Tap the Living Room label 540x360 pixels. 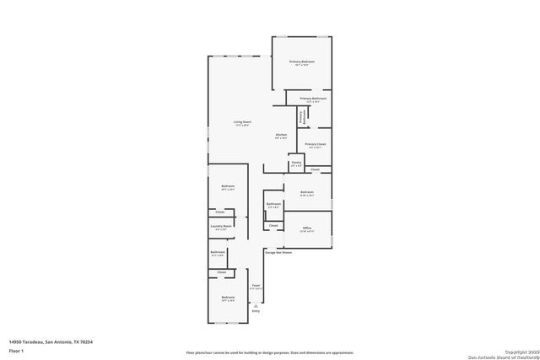[x=242, y=122]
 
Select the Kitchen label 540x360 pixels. [x=282, y=135]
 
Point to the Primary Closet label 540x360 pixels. [x=316, y=144]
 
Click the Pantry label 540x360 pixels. [x=296, y=164]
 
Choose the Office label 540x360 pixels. [x=307, y=228]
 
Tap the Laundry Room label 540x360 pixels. [x=221, y=226]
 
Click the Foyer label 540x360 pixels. [x=256, y=286]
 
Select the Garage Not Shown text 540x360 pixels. [x=278, y=252]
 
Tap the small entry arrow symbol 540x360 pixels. [x=256, y=305]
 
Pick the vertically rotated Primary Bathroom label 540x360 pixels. [x=301, y=116]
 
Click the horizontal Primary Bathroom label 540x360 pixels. [x=312, y=99]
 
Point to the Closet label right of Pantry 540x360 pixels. [x=315, y=169]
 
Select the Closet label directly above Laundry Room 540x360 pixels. [x=219, y=212]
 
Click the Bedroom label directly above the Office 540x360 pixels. [x=306, y=193]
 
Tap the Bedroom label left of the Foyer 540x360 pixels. [x=228, y=298]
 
